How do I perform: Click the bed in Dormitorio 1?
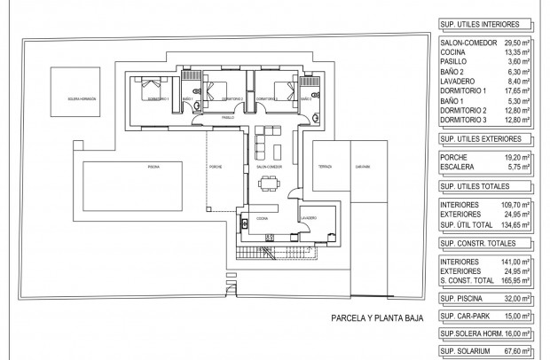pos(151,90)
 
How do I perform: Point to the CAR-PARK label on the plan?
pos(361,167)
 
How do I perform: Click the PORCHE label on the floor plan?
pos(216,167)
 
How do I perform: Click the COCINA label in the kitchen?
pos(263,215)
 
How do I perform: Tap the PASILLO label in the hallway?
pos(228,117)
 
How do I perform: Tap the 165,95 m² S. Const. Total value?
pos(515,281)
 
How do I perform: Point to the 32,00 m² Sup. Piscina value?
pos(515,300)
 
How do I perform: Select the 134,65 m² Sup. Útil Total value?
pos(515,224)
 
